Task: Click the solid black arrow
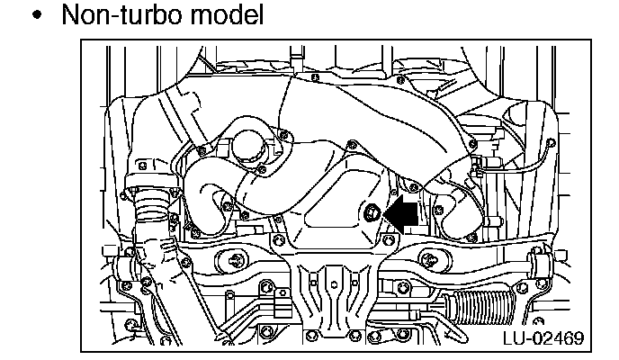401,213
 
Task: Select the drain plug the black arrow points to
372,213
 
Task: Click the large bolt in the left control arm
236,262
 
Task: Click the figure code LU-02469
542,338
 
